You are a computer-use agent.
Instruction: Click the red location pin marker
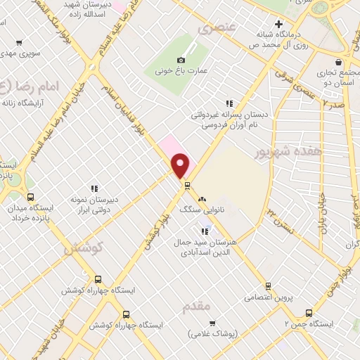click(181, 165)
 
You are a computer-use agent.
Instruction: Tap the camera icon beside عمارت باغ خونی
click(181, 60)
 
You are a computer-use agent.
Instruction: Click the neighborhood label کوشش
click(83, 248)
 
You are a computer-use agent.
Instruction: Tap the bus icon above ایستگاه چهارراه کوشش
click(97, 278)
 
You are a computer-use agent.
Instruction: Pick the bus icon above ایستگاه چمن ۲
click(308, 313)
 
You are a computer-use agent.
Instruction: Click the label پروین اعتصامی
click(267, 297)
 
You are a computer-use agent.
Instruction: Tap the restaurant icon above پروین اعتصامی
click(268, 285)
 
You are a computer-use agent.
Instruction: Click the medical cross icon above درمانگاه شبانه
click(279, 24)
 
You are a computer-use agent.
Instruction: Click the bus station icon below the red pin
click(187, 186)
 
